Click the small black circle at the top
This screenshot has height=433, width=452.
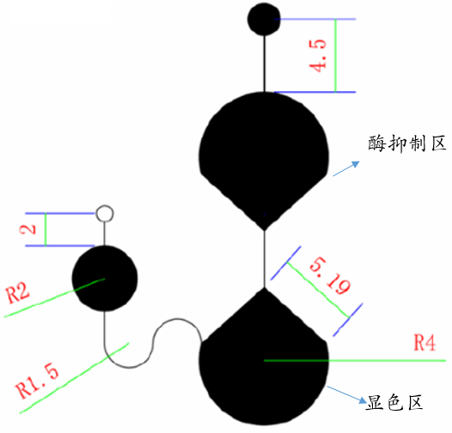click(x=264, y=19)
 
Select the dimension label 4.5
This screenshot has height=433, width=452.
click(x=317, y=55)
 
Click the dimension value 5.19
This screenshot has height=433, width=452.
click(x=330, y=276)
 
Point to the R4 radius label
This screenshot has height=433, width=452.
click(x=425, y=343)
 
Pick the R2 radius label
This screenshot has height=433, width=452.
click(x=17, y=293)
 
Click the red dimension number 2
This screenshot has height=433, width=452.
click(x=27, y=229)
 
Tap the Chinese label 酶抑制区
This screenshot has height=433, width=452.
click(x=406, y=143)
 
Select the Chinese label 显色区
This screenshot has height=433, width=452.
click(x=394, y=402)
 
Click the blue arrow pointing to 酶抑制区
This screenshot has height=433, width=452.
click(x=346, y=168)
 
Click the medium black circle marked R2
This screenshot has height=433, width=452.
click(x=105, y=278)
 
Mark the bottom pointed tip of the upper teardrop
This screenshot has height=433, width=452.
click(x=264, y=230)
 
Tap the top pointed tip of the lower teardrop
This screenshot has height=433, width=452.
click(x=264, y=289)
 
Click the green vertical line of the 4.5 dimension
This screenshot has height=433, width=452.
click(x=335, y=55)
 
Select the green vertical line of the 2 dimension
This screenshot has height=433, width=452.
click(x=46, y=229)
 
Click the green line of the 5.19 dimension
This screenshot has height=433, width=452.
click(x=318, y=290)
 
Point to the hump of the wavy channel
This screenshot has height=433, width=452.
click(x=178, y=319)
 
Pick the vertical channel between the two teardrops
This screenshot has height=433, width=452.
click(x=264, y=259)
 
